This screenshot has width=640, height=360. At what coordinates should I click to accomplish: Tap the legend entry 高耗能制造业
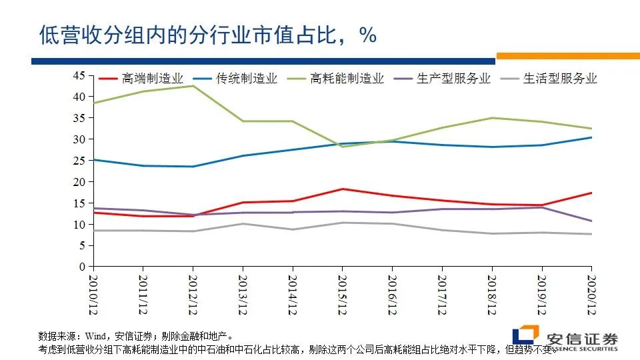[347, 79]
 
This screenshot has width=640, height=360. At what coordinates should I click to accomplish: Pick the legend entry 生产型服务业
[453, 79]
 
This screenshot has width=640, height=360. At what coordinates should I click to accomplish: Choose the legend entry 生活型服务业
[560, 79]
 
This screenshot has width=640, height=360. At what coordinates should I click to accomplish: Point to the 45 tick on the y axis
[79, 76]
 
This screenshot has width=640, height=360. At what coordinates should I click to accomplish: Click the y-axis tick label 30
[79, 139]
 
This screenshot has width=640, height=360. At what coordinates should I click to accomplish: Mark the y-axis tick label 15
[79, 203]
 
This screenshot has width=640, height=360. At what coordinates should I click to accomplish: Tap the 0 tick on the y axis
[82, 267]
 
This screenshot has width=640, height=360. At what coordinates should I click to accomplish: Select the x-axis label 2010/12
[93, 293]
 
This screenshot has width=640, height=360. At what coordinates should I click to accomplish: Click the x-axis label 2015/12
[342, 293]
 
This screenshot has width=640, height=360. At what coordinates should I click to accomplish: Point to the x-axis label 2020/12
[591, 293]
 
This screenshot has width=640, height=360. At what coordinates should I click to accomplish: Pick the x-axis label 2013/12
[243, 293]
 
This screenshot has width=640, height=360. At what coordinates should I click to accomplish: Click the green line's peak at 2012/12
[193, 86]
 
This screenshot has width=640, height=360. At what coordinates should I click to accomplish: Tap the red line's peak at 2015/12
[342, 189]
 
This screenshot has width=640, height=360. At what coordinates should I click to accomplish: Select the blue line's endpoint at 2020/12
[591, 137]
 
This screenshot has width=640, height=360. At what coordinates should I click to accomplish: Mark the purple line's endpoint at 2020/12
[591, 221]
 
